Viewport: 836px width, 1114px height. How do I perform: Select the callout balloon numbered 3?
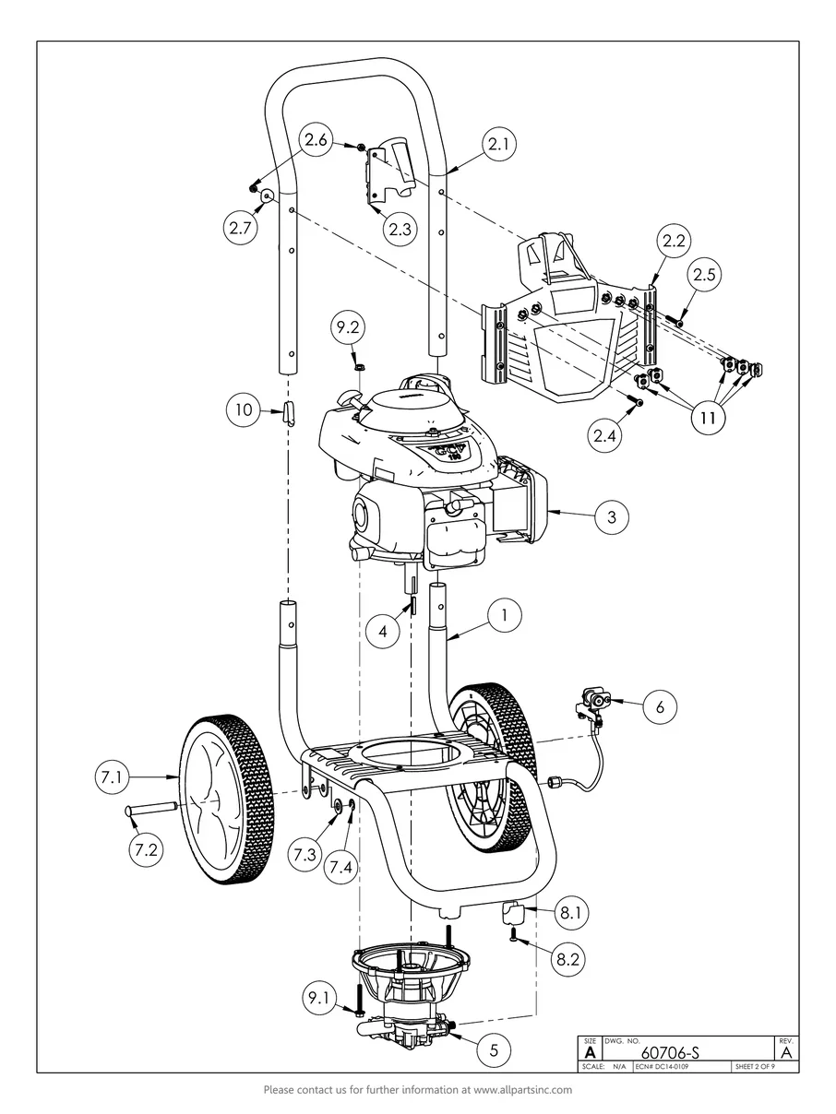(x=611, y=517)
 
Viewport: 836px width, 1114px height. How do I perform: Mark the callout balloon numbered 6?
(x=659, y=706)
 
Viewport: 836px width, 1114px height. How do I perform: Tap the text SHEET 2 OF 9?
(x=754, y=1067)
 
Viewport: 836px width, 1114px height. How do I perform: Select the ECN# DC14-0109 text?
(x=662, y=1067)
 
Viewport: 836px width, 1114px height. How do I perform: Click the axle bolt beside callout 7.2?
(x=158, y=811)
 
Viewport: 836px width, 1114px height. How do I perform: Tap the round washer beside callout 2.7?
(x=267, y=196)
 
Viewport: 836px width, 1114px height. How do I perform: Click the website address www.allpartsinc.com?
(x=522, y=1090)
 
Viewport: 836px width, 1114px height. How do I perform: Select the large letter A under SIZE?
(x=589, y=1051)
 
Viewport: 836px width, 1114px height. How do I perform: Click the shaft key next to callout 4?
(x=414, y=604)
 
